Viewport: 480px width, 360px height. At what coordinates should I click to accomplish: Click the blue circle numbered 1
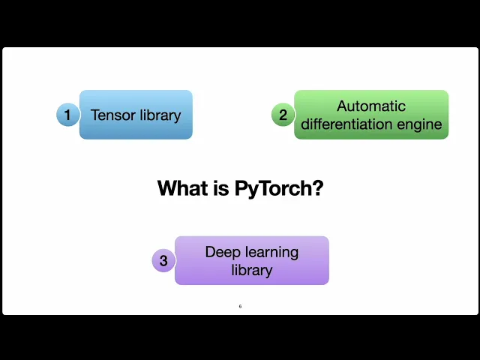click(x=67, y=115)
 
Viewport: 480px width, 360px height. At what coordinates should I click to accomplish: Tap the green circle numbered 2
click(x=283, y=115)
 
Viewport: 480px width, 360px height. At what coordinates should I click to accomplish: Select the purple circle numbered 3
click(x=163, y=261)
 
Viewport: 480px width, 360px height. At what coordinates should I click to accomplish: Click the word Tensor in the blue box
click(x=112, y=115)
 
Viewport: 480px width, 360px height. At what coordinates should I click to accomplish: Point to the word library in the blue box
click(x=159, y=115)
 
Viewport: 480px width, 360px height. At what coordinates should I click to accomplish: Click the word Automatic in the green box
click(x=371, y=106)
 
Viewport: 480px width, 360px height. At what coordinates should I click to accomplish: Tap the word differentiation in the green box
click(x=347, y=124)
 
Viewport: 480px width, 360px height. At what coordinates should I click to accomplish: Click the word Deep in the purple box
click(x=223, y=252)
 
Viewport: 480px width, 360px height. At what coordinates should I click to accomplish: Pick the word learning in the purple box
click(x=271, y=253)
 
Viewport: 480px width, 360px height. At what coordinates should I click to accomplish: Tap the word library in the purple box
click(x=252, y=270)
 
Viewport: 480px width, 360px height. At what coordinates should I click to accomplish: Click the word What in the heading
click(x=182, y=188)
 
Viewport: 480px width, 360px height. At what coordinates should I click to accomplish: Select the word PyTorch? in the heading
click(x=278, y=189)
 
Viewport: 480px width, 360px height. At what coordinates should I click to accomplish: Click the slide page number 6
click(x=240, y=306)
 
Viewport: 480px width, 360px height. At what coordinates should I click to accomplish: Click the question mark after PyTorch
click(x=317, y=188)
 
